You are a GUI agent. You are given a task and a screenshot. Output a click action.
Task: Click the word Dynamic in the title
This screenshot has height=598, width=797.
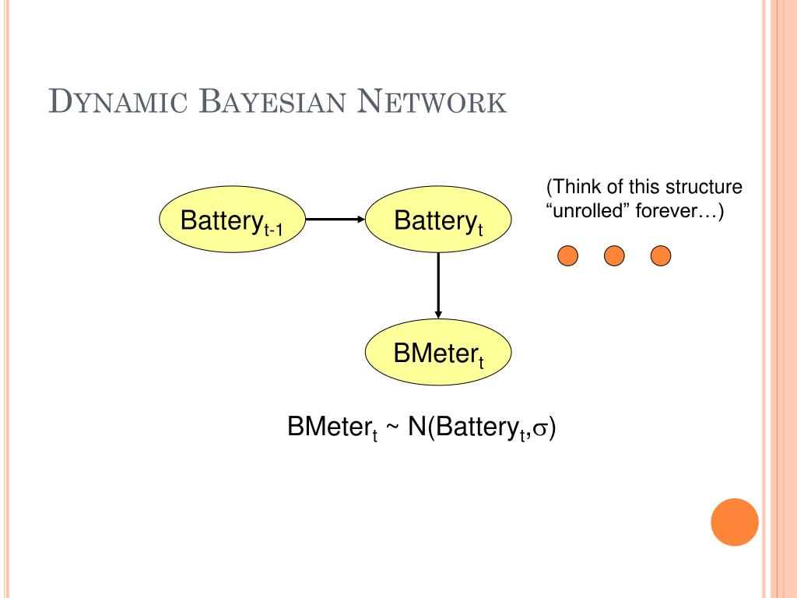pos(118,101)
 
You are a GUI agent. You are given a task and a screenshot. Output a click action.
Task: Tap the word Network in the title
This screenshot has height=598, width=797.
pos(431,101)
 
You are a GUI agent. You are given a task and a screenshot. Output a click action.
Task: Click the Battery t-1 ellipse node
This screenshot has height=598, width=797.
pos(232,219)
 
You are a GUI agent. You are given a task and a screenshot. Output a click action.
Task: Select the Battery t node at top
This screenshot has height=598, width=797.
pos(438,219)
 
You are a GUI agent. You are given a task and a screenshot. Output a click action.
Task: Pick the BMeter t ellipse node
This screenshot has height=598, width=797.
pos(438,352)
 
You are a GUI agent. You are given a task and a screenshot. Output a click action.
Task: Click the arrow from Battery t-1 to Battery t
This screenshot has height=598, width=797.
pos(335,219)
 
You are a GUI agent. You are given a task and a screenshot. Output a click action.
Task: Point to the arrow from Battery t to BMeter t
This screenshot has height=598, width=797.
pos(438,286)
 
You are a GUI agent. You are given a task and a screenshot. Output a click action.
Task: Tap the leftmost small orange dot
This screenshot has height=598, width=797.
pos(567,255)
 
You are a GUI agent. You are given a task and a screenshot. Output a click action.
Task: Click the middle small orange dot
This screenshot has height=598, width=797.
pos(614,255)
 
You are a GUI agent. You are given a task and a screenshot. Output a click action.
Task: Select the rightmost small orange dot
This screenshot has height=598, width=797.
pos(661,255)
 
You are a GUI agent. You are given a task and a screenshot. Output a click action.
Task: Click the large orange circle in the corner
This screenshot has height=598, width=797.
pos(735,522)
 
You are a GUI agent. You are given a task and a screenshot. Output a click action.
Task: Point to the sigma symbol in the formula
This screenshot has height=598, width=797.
pos(542,428)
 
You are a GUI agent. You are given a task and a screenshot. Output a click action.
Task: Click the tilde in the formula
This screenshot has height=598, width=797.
pos(392,427)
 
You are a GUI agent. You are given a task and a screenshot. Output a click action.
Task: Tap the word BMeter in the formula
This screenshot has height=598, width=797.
pos(328,426)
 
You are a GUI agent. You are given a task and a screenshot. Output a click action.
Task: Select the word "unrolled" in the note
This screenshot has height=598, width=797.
pos(587,210)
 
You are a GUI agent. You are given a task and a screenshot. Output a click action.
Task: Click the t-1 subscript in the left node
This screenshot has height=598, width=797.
pos(273,230)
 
